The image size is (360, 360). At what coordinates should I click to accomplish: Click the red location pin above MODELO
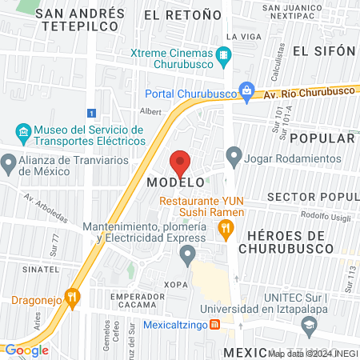[x=180, y=162]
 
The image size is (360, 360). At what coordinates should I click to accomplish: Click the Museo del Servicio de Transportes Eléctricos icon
[x=22, y=130]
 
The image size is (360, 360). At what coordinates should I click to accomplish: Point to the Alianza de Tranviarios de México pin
[x=10, y=165]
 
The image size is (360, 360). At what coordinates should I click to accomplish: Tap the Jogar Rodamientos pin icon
[x=234, y=154]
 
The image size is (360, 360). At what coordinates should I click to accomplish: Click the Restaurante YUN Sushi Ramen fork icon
[x=226, y=230]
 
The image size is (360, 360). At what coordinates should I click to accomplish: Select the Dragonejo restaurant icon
[x=72, y=298]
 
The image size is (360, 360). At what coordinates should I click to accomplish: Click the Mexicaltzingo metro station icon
[x=214, y=325]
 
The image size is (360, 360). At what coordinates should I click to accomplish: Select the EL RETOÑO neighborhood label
[x=182, y=14]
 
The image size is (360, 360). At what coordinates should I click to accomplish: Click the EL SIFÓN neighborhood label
[x=323, y=50]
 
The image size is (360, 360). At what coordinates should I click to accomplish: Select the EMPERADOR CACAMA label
[x=138, y=302]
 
